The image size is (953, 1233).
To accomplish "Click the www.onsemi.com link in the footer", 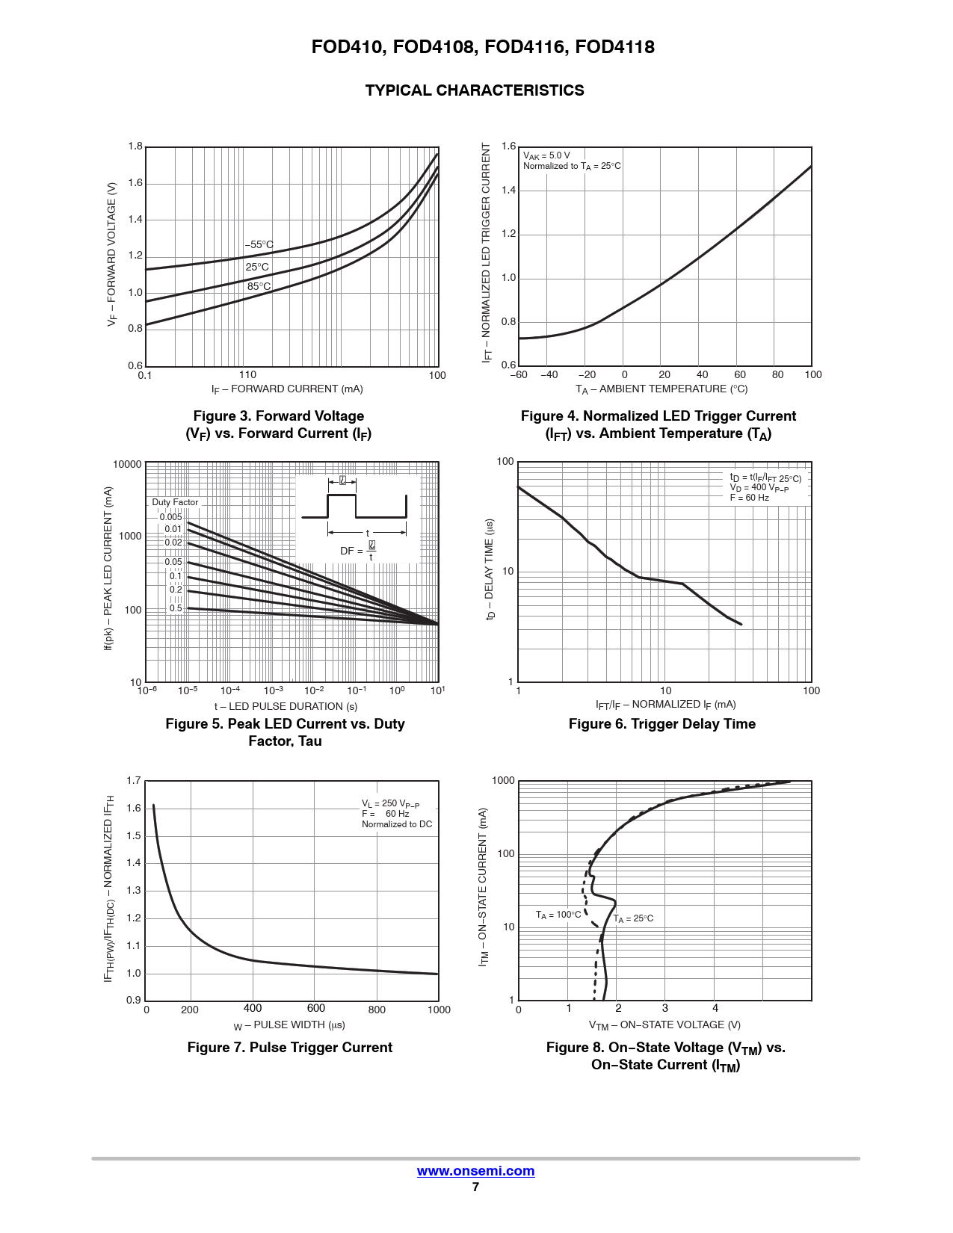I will point(475,1171).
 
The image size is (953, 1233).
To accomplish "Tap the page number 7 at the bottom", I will point(475,1187).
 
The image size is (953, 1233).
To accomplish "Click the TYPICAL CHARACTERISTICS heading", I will point(475,90).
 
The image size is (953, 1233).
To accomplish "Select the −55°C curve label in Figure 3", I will point(259,245).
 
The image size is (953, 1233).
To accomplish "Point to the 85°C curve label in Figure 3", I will point(259,286).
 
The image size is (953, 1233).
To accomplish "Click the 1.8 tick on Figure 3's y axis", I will point(135,146).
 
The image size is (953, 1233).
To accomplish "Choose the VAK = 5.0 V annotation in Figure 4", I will point(546,155).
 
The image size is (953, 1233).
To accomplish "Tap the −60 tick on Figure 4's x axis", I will point(519,375).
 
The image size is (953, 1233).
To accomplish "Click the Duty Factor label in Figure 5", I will point(175,502).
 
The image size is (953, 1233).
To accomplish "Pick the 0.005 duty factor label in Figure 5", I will point(170,517).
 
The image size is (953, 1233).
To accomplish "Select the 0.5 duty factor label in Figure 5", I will point(176,608).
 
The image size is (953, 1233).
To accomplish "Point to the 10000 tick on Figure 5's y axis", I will point(127,464).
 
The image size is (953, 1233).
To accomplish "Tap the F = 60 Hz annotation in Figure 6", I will point(749,498).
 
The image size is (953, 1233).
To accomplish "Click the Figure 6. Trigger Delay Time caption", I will point(661,724).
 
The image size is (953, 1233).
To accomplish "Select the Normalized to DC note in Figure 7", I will point(397,824).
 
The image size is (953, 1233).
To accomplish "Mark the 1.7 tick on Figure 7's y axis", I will point(134,781).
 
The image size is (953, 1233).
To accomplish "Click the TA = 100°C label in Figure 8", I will point(558,915).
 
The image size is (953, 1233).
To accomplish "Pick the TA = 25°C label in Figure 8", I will point(634,918).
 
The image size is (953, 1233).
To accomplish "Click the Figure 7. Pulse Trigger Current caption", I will point(289,1048).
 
